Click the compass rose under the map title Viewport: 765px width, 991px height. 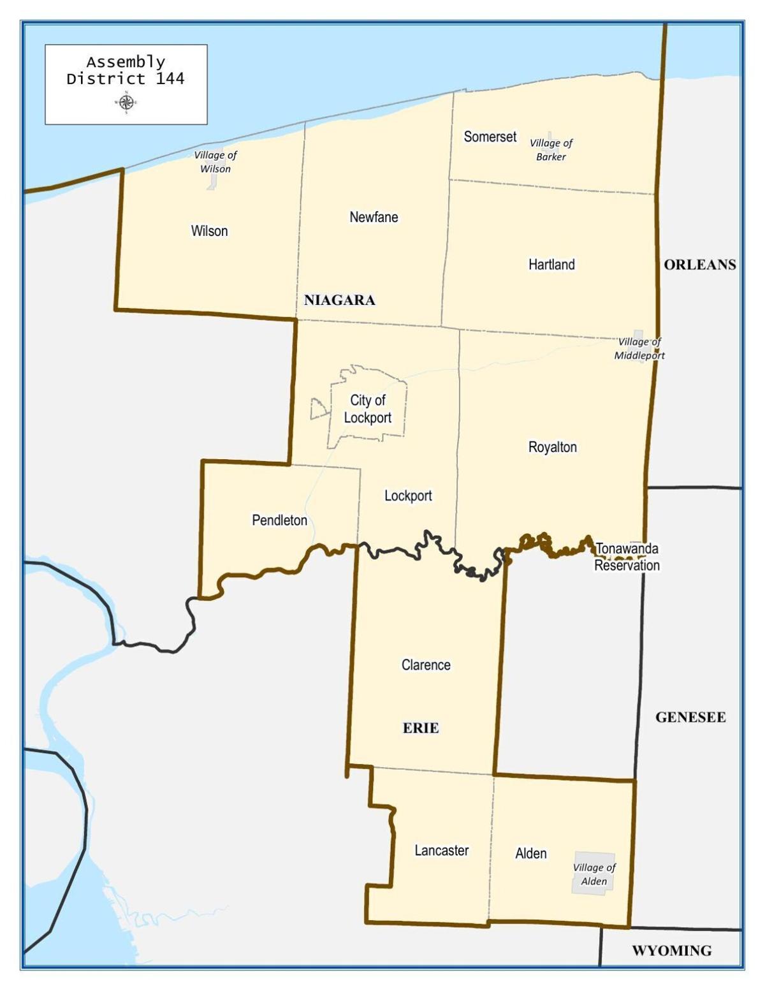(x=126, y=102)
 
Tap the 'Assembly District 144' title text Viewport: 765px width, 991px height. (x=126, y=71)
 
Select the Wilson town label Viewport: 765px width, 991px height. (x=209, y=231)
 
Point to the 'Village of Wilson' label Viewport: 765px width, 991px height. (x=215, y=162)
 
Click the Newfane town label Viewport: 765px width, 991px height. (x=374, y=217)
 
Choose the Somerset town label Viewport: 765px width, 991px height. (x=490, y=136)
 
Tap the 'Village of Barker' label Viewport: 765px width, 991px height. (x=551, y=150)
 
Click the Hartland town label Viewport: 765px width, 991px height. (x=551, y=264)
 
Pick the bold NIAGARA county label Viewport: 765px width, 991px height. (x=339, y=300)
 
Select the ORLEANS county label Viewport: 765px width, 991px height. (x=699, y=265)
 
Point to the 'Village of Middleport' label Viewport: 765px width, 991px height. (x=639, y=349)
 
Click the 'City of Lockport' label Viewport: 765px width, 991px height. (x=368, y=409)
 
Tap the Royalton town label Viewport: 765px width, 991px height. (x=552, y=447)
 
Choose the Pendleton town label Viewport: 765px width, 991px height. (x=279, y=520)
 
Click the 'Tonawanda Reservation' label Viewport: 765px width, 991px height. (x=627, y=557)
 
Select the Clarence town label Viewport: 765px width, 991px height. (x=426, y=665)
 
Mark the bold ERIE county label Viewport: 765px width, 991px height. (x=421, y=728)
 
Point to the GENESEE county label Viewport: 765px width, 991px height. (x=690, y=717)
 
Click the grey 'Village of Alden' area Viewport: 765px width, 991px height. (x=594, y=874)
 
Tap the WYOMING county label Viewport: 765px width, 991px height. (x=671, y=951)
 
